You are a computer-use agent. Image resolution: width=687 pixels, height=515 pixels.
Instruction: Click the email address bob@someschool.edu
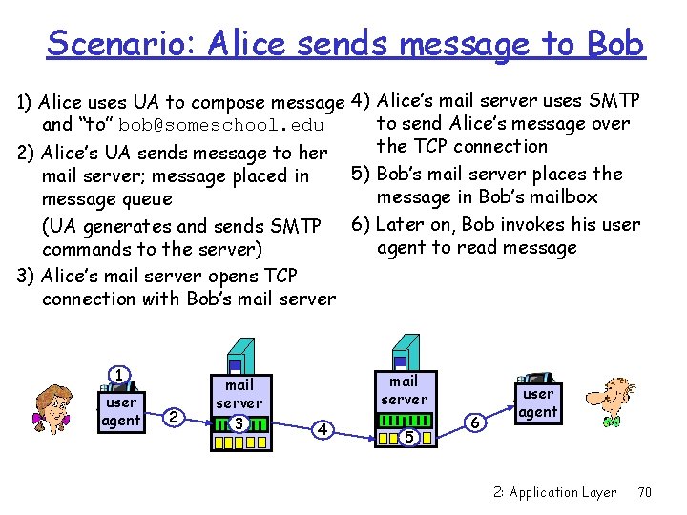222,126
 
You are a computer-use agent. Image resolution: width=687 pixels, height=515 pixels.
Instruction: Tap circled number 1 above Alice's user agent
118,375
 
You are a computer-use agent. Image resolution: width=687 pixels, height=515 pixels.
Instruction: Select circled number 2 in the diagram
173,417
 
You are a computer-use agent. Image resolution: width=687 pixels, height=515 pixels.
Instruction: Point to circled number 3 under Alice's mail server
239,422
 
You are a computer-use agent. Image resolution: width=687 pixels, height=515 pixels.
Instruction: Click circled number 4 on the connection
324,430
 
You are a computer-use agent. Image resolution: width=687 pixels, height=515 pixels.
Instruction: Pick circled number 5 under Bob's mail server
408,437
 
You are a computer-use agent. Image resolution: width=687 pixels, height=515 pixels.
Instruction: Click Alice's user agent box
121,411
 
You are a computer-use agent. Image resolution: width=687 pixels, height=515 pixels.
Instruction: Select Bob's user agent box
537,402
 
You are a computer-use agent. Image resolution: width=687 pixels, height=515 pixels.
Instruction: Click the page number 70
644,492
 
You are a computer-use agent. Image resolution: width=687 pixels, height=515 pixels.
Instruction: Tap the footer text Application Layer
563,492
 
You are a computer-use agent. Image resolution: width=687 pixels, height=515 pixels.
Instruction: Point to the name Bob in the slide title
615,44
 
